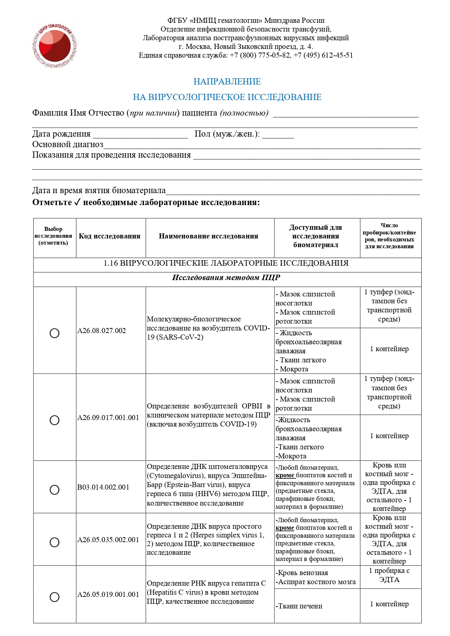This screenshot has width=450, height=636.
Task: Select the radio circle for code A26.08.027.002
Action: pyautogui.click(x=54, y=333)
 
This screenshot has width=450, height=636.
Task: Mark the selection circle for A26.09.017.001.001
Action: pyautogui.click(x=54, y=420)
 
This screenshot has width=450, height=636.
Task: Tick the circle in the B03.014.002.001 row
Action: pyautogui.click(x=54, y=490)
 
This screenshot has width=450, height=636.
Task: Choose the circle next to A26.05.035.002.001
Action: pyautogui.click(x=54, y=542)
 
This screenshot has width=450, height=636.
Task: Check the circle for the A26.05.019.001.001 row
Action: pyautogui.click(x=54, y=597)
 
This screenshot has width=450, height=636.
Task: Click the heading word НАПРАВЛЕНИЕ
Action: pyautogui.click(x=227, y=82)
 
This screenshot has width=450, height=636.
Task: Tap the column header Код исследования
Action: pyautogui.click(x=110, y=236)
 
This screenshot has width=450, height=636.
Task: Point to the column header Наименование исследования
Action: pyautogui.click(x=209, y=236)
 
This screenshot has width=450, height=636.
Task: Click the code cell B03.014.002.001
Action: pyautogui.click(x=103, y=487)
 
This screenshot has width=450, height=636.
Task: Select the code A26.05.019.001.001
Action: pyautogui.click(x=108, y=594)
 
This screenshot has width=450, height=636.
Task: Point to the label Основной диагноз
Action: pyautogui.click(x=68, y=145)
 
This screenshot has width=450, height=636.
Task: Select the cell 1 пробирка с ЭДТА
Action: pyautogui.click(x=389, y=575)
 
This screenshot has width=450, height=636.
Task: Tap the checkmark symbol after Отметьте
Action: pyautogui.click(x=77, y=202)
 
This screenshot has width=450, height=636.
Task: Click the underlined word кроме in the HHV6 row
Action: pyautogui.click(x=285, y=475)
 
